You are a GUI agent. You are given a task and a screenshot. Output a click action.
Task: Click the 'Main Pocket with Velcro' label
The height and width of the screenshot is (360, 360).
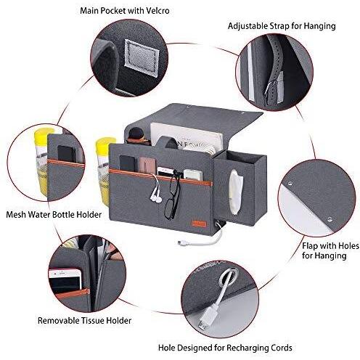click(x=125, y=11)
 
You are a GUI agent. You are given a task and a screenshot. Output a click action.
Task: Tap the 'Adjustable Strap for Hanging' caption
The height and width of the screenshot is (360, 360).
click(x=282, y=26)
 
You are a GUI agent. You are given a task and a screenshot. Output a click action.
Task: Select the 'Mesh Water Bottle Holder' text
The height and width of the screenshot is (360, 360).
click(x=54, y=215)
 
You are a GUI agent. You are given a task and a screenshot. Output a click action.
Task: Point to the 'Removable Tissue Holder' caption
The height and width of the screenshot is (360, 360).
click(x=84, y=321)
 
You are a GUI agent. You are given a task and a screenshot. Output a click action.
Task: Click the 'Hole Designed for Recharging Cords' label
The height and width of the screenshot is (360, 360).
click(x=225, y=348)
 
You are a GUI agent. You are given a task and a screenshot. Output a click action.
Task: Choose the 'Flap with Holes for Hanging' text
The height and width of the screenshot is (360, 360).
click(x=330, y=250)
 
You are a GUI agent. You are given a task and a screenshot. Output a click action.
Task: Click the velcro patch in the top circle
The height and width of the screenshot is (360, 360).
click(x=142, y=58)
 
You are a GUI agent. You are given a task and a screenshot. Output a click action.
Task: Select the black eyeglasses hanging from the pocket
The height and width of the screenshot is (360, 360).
click(x=172, y=195)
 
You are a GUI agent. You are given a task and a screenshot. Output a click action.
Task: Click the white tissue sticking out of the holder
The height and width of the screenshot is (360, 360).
click(x=236, y=192)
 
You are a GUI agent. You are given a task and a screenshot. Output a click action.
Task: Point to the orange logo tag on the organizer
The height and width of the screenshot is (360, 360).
click(x=199, y=223)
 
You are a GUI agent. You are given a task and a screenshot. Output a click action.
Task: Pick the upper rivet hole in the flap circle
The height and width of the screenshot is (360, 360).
click(x=290, y=184)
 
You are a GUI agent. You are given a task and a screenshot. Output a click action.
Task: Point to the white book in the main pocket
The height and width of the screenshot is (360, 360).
click(x=187, y=137)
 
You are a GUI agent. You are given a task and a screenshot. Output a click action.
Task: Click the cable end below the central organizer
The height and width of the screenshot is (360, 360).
click(x=180, y=242)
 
